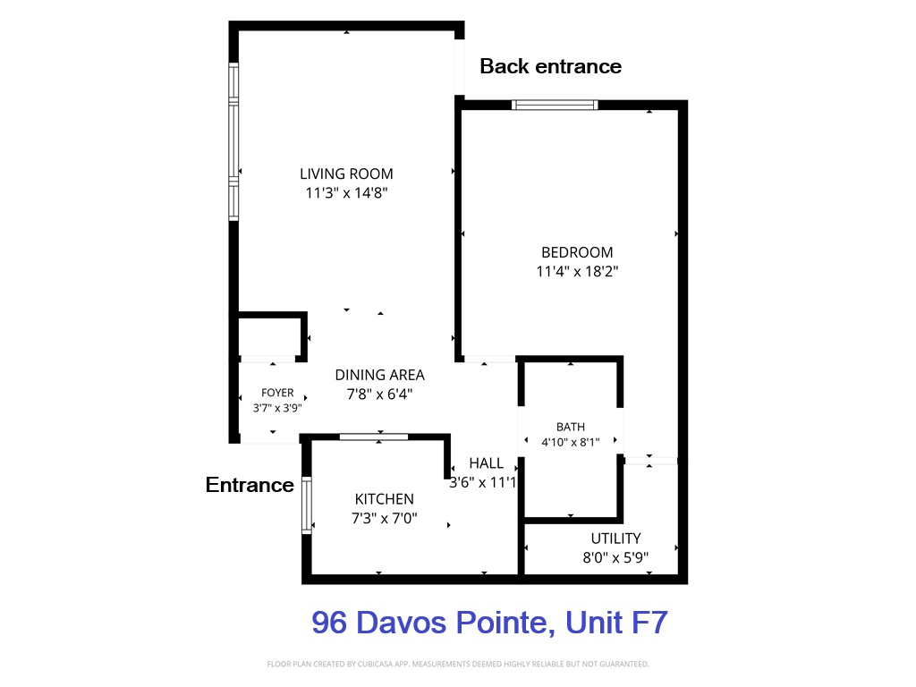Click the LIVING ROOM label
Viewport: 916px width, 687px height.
(x=346, y=174)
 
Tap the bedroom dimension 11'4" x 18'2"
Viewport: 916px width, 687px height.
(x=577, y=271)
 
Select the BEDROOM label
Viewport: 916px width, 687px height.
(x=577, y=252)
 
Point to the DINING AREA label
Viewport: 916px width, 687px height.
(x=379, y=375)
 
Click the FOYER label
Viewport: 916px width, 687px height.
(x=277, y=393)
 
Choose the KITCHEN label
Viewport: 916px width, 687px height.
(x=385, y=499)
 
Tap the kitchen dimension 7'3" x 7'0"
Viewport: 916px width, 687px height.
(x=385, y=518)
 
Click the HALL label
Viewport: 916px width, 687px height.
(x=486, y=463)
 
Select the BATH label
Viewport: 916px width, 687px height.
(x=571, y=427)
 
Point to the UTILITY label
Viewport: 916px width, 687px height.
(x=615, y=538)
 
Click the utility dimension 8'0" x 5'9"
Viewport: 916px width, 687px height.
(x=615, y=557)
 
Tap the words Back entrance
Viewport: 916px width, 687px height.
(x=551, y=66)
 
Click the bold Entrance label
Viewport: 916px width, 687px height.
(x=250, y=485)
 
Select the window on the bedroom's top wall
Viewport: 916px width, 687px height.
(x=555, y=106)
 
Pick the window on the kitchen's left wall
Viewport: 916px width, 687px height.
(x=306, y=505)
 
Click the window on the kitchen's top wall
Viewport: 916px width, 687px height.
(x=374, y=437)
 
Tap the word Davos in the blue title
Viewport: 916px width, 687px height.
(x=402, y=623)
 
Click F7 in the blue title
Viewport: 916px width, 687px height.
(x=649, y=623)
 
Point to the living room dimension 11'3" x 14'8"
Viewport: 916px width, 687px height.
(x=346, y=193)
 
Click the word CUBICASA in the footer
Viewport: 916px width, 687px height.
(x=374, y=665)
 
